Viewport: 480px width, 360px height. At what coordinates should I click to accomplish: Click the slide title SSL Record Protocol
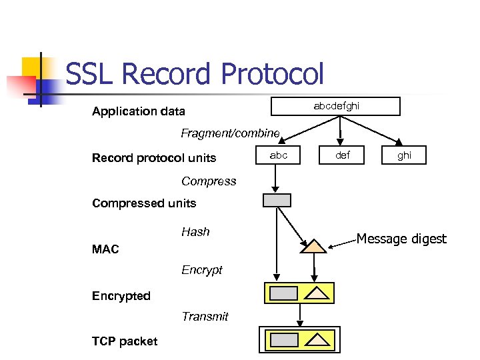tap(195, 74)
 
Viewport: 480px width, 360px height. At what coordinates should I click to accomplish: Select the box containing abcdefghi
tap(335, 106)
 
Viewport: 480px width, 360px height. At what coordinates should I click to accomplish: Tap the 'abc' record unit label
tap(278, 155)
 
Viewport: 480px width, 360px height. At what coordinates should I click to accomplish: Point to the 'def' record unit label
tap(342, 155)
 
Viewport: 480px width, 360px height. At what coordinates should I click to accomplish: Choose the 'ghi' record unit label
tap(404, 155)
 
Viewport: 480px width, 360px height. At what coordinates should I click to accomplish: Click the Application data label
tap(139, 111)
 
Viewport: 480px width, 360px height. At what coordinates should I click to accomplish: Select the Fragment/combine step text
tap(230, 133)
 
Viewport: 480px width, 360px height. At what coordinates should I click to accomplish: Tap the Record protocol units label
tap(154, 158)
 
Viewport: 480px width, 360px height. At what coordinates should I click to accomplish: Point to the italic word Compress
tap(209, 181)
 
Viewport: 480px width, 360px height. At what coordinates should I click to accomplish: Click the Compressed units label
tap(144, 203)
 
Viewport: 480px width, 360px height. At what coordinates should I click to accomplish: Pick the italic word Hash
tap(195, 232)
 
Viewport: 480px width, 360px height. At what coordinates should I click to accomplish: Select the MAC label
tap(105, 249)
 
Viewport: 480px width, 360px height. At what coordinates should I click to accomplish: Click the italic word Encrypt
tap(201, 270)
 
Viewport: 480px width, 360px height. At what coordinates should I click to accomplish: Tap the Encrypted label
tap(121, 295)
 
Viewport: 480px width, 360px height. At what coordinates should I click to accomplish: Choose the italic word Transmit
tap(205, 317)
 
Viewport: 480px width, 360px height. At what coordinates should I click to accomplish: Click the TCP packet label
tap(125, 341)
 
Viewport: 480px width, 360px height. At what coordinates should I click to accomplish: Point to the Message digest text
tap(401, 239)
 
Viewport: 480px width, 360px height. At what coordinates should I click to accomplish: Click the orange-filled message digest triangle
tap(313, 247)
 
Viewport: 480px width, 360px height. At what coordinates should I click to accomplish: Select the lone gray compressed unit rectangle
tap(277, 200)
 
